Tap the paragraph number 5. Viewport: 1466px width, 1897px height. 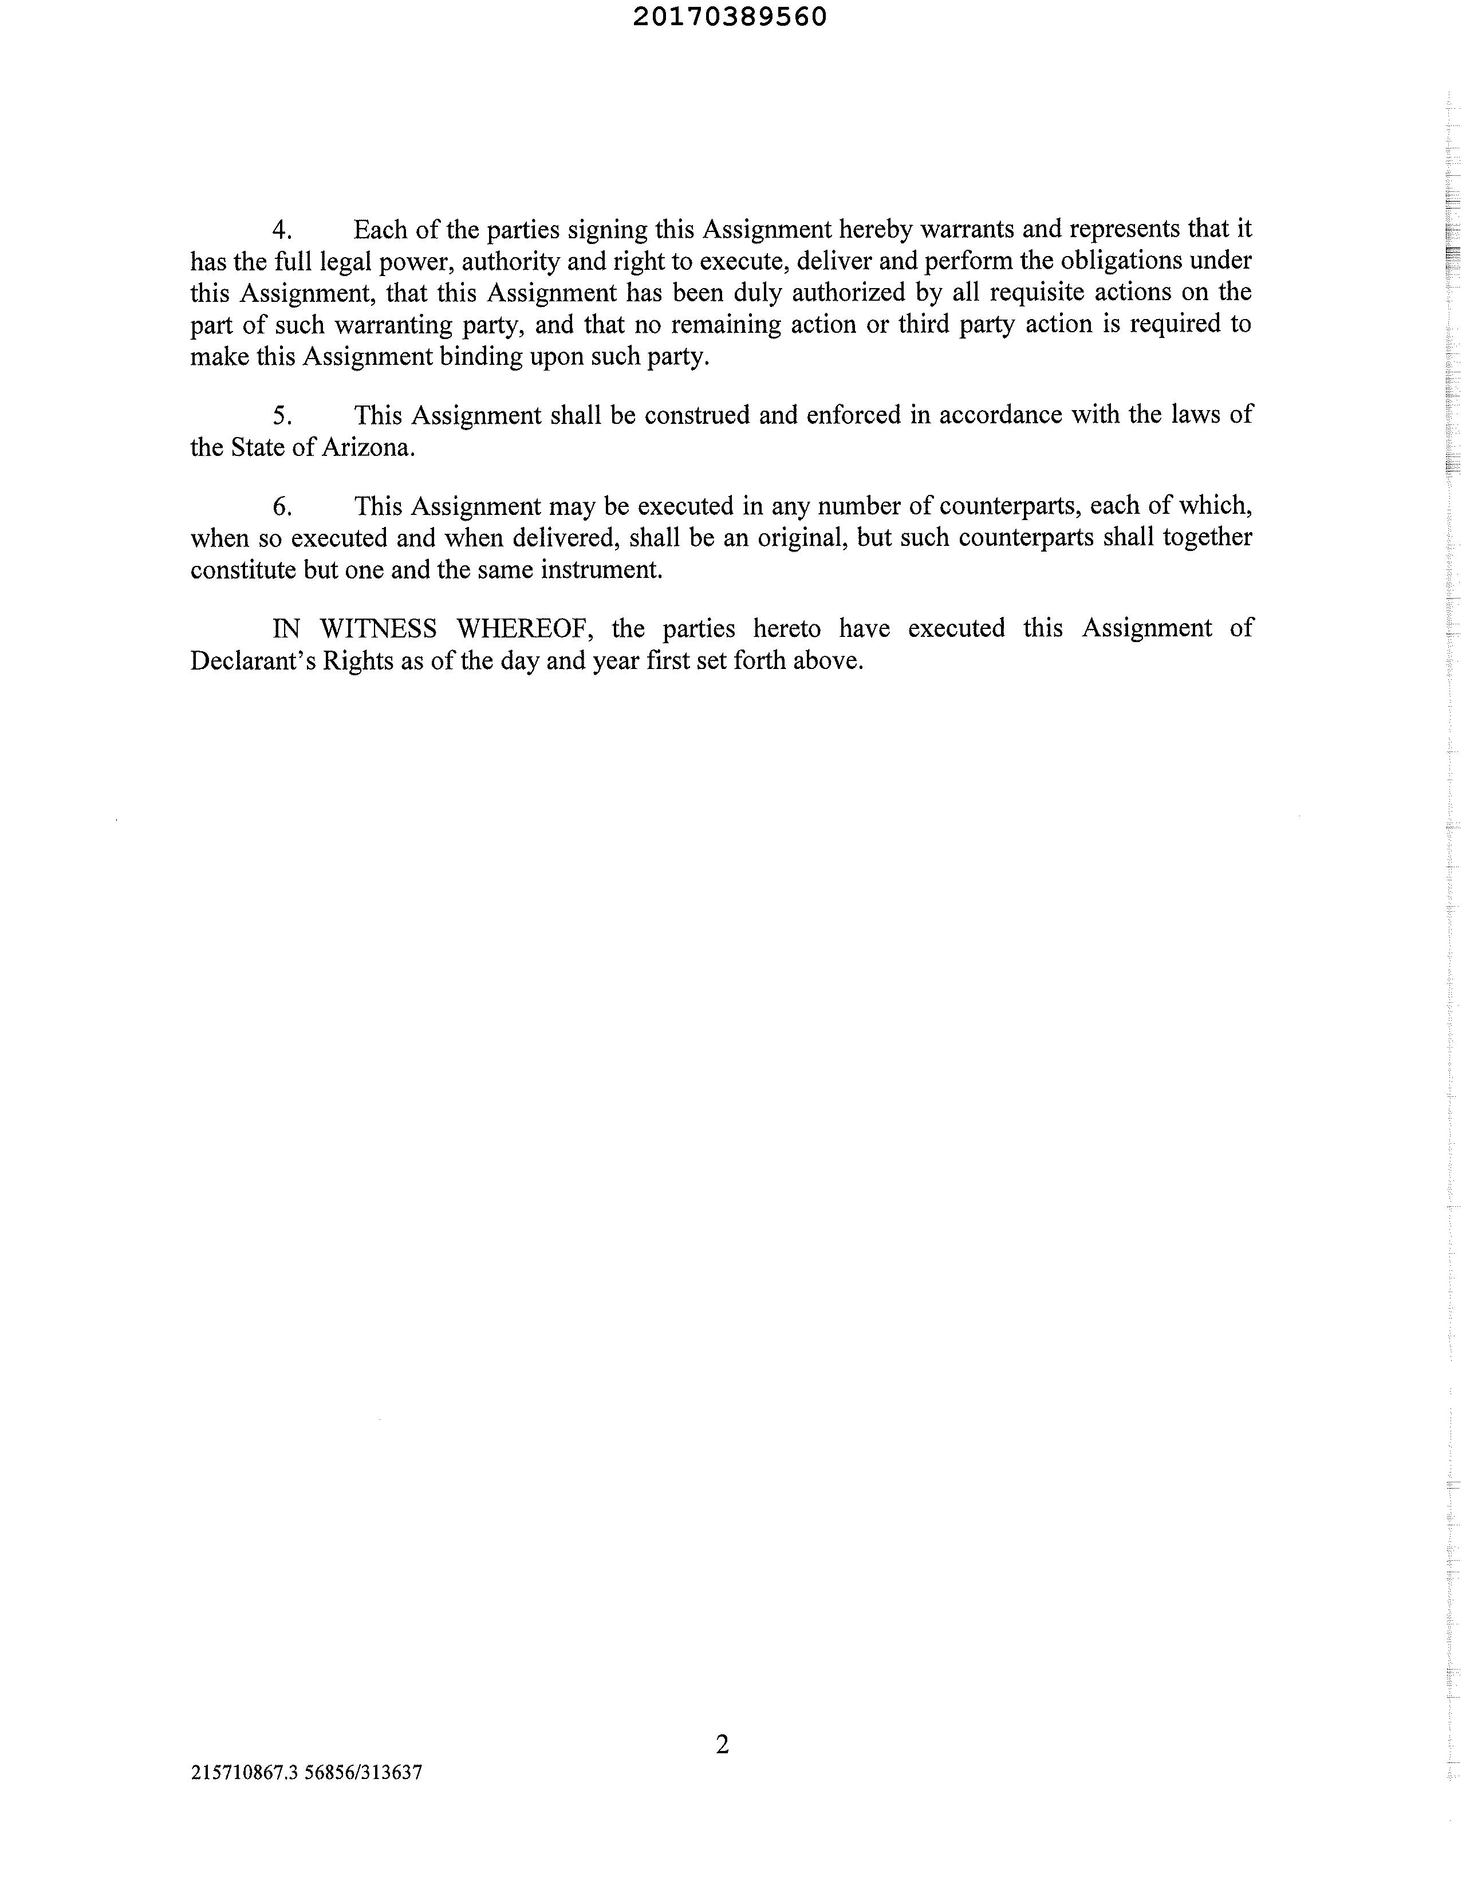pos(281,416)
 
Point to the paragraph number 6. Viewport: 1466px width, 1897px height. pos(281,506)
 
